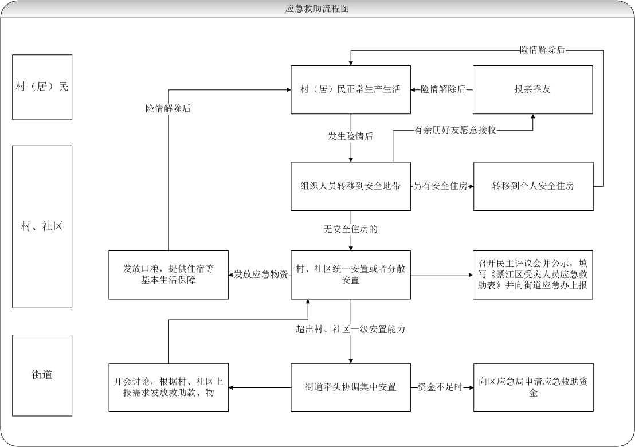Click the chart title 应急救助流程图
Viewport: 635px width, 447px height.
tap(317, 9)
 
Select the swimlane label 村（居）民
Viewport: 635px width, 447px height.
tap(42, 87)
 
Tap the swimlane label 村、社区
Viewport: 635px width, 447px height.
tap(42, 226)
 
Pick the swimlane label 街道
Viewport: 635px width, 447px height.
tap(42, 375)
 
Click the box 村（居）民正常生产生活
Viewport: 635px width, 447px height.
tap(350, 89)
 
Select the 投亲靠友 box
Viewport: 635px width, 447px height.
tap(532, 89)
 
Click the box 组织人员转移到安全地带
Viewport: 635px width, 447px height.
tap(350, 186)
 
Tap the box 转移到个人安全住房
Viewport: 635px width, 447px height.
tap(532, 186)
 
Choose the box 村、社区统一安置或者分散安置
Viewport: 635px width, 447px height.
tap(350, 275)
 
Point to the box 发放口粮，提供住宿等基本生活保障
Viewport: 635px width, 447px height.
tap(168, 275)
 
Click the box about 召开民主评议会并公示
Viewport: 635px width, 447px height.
tap(532, 275)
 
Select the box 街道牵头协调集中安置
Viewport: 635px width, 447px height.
tap(350, 387)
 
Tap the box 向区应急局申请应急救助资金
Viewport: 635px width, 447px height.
tap(532, 387)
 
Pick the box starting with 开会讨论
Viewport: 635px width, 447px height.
tap(168, 387)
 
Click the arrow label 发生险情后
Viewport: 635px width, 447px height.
tap(350, 136)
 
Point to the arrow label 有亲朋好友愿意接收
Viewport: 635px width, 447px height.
tap(455, 131)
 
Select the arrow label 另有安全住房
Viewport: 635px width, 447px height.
tap(441, 186)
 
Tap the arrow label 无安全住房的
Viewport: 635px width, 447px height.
tap(350, 229)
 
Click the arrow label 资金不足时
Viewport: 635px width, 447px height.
tap(440, 387)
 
